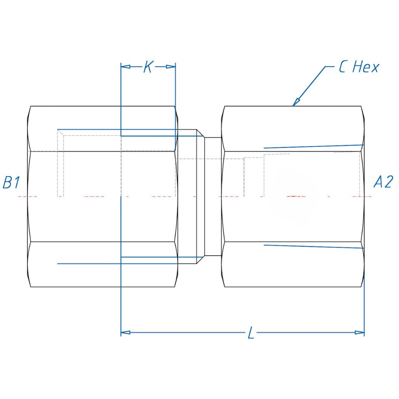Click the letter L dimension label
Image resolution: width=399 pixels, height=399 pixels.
pyautogui.click(x=251, y=333)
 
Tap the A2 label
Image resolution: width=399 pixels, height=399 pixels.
pyautogui.click(x=383, y=182)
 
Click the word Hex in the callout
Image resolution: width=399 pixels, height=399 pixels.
pyautogui.click(x=365, y=67)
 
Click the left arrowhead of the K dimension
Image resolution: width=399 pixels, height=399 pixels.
pyautogui.click(x=125, y=67)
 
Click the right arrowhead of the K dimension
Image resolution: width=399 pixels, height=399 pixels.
pyautogui.click(x=171, y=67)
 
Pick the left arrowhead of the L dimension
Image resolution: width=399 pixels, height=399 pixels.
pyautogui.click(x=125, y=332)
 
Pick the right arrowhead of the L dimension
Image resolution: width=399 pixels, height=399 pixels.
pyautogui.click(x=360, y=332)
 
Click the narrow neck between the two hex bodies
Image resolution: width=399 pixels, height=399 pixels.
pyautogui.click(x=213, y=196)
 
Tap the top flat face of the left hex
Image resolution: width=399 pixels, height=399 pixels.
pyautogui.click(x=102, y=129)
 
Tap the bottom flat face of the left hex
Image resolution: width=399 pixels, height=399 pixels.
pyautogui.click(x=102, y=265)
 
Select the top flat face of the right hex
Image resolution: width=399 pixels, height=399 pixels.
pyautogui.click(x=293, y=129)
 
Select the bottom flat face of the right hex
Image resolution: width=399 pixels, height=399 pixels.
pyautogui.click(x=293, y=265)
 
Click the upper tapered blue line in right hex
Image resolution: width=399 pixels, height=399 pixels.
pyautogui.click(x=314, y=147)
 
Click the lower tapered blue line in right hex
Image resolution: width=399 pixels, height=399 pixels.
pyautogui.click(x=314, y=246)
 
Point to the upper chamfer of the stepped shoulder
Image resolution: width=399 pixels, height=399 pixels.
pyautogui.click(x=201, y=133)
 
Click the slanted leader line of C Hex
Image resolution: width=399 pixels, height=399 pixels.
pyautogui.click(x=309, y=86)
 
